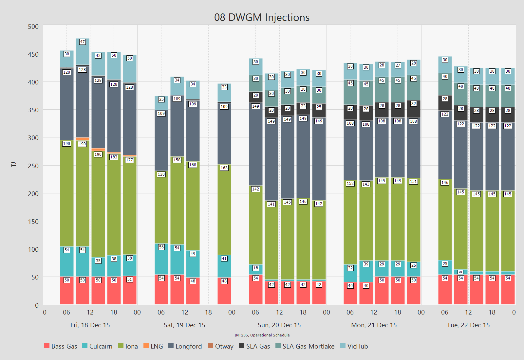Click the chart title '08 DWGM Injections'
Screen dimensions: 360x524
262,17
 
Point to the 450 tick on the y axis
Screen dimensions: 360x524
33,54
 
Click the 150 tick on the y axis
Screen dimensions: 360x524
33,222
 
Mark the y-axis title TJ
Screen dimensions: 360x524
14,165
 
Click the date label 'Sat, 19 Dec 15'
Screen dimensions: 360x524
184,325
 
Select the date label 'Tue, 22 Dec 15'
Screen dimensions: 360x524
468,325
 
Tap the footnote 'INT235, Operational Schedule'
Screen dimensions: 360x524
262,335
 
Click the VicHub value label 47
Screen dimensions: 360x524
83,42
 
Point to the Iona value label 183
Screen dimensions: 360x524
114,157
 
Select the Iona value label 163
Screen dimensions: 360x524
224,168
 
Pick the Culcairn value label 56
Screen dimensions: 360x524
161,247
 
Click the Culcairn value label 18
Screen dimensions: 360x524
256,268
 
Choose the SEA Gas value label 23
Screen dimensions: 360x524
303,106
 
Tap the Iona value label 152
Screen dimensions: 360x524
350,184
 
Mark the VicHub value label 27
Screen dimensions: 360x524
398,65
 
